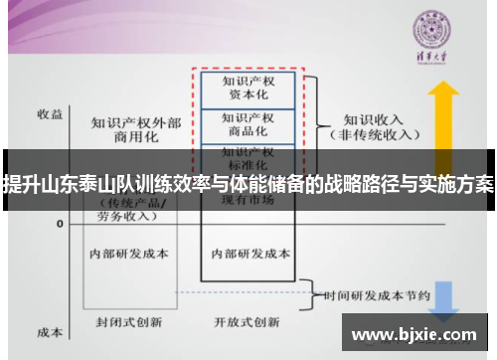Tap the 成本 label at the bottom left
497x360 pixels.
50,332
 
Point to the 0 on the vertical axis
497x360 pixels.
59,225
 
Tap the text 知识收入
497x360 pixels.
368,115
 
